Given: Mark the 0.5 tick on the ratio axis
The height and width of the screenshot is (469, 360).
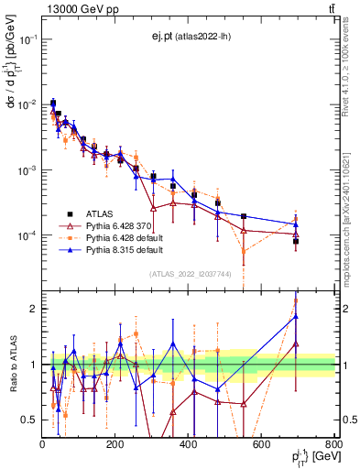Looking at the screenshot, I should coord(29,420).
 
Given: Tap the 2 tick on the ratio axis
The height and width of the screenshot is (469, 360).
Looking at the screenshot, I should coord(33,309).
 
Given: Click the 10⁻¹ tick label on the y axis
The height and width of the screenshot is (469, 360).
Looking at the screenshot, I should coord(27,39).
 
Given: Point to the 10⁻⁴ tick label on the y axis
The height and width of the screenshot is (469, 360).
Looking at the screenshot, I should coord(27,236).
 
